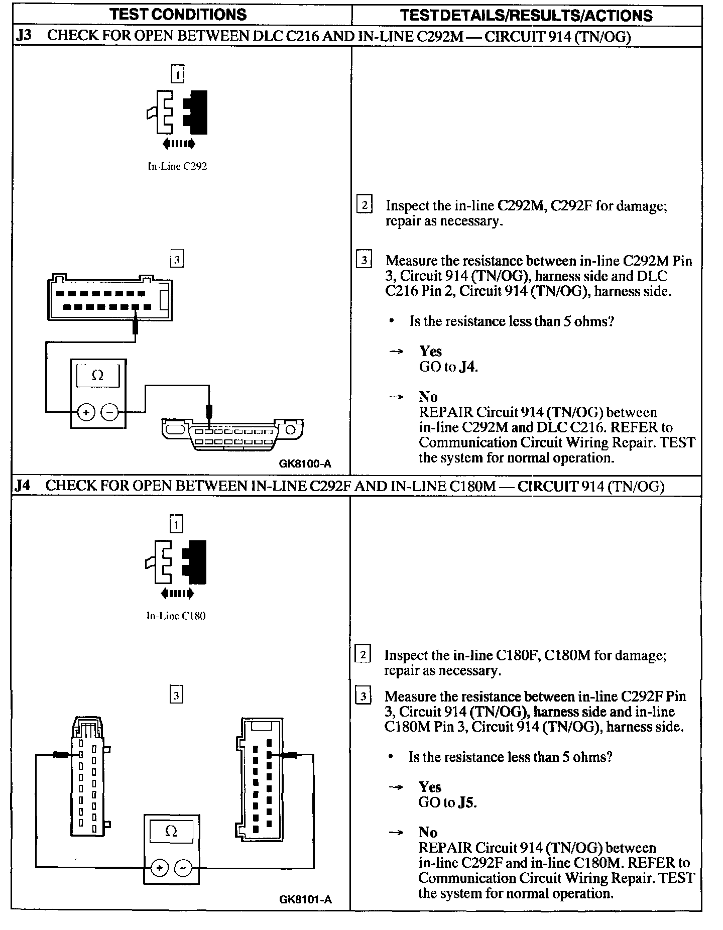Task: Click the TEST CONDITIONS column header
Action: (x=178, y=14)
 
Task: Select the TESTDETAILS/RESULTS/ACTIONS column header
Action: (x=526, y=16)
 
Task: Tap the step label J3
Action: (x=24, y=37)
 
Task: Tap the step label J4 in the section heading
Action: (x=23, y=486)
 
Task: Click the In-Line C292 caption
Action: (x=177, y=166)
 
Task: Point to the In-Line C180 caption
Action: (x=176, y=616)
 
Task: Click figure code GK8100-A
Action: (x=305, y=463)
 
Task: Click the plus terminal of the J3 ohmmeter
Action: (x=86, y=413)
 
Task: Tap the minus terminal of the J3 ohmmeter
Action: (x=109, y=413)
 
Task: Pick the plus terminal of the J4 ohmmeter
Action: (x=159, y=868)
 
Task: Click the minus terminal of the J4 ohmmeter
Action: (x=183, y=868)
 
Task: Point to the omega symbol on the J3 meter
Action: (x=98, y=376)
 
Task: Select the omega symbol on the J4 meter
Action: (x=171, y=832)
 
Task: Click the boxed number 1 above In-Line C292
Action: (x=178, y=75)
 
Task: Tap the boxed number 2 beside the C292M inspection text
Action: (x=364, y=205)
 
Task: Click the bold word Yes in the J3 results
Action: (x=430, y=351)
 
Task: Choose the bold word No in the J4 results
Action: (x=428, y=833)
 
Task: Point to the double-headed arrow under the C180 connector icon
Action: (x=176, y=594)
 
